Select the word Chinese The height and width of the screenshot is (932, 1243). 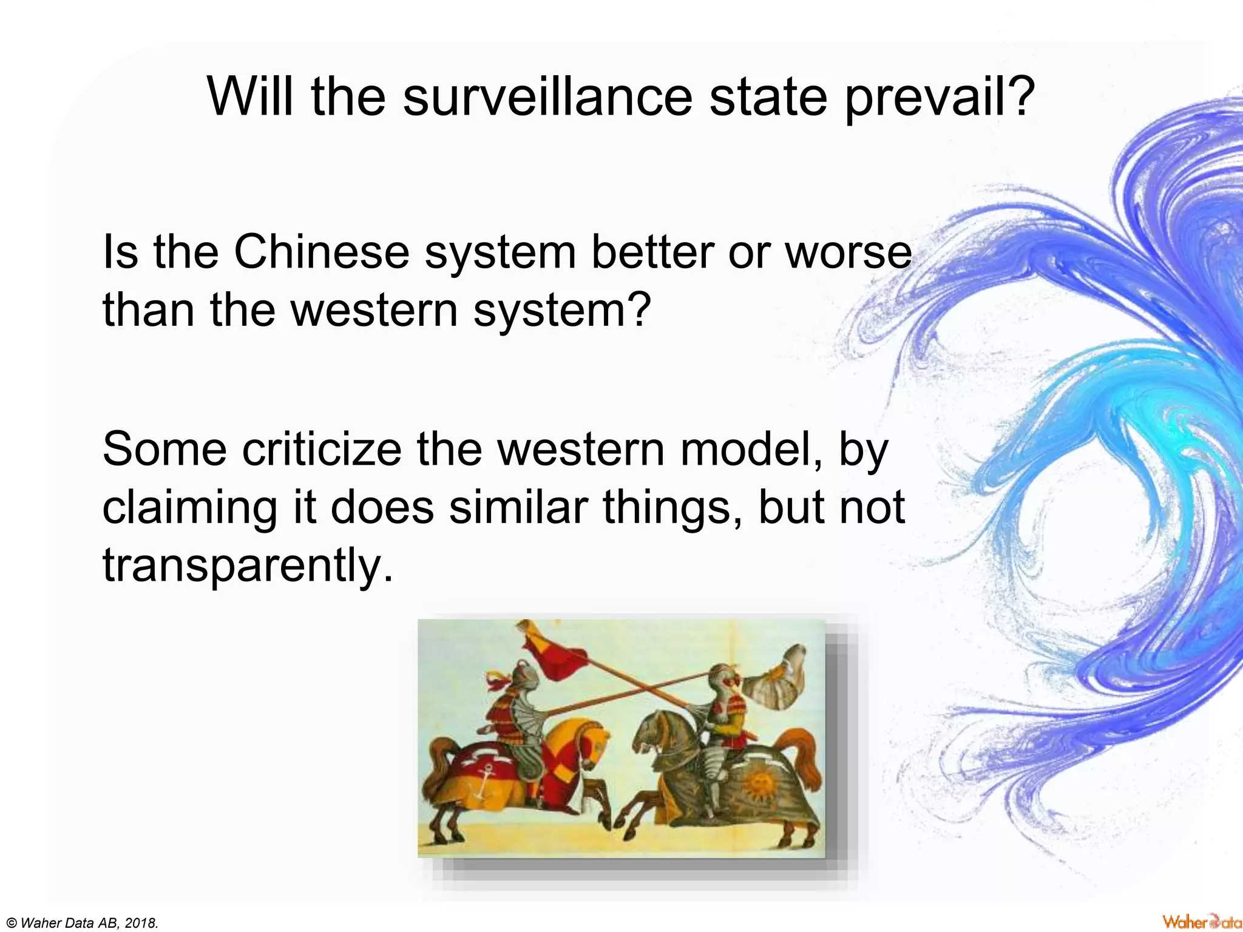pyautogui.click(x=322, y=252)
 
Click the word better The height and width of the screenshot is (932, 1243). pyautogui.click(x=652, y=252)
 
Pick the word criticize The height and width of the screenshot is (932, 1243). pyautogui.click(x=322, y=449)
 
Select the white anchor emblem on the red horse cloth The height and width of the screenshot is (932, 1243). pyautogui.click(x=483, y=783)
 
